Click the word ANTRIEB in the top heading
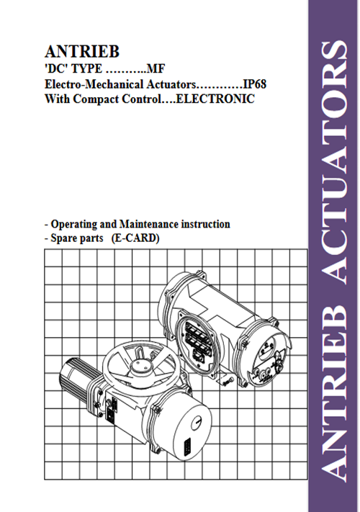point(82,52)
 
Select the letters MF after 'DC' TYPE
point(156,68)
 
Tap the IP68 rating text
point(255,84)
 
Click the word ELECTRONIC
point(215,99)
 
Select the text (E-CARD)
point(135,238)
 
